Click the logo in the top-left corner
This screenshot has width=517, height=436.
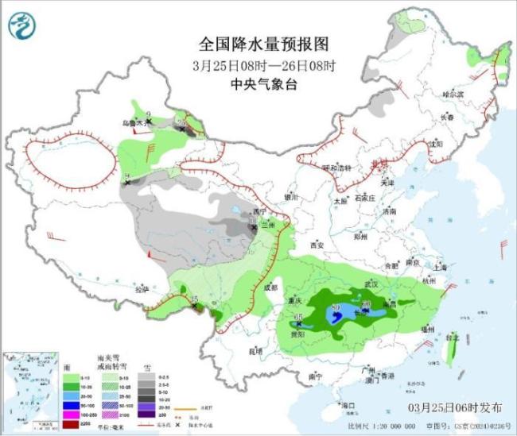[x=22, y=26]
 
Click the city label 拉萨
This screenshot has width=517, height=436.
[x=142, y=290]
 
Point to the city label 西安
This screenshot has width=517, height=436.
[x=319, y=245]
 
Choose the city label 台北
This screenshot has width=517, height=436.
[x=452, y=338]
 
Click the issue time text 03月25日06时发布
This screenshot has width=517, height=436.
[x=446, y=407]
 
